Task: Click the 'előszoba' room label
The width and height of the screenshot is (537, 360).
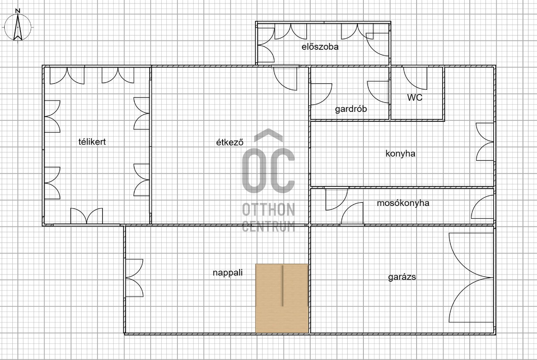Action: pos(320,46)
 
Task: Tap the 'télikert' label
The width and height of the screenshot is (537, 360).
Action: pos(92,142)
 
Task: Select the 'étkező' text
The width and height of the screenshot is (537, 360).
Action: pos(230,142)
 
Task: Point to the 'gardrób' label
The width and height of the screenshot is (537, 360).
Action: pos(351,109)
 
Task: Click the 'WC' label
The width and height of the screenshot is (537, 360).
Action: pos(415,97)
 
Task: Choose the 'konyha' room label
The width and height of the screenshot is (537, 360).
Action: pos(400,154)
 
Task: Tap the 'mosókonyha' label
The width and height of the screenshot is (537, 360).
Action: pos(403,203)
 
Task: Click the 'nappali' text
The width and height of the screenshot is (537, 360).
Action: pos(228,273)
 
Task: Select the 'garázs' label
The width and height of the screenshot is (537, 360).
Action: pos(402,277)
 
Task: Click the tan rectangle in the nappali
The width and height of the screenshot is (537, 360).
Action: pos(282,298)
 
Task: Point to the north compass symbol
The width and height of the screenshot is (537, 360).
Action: pos(18,27)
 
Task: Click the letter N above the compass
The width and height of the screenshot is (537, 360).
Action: pos(17,11)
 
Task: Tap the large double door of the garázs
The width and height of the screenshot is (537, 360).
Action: pos(471,278)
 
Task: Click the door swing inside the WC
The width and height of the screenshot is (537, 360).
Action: pos(415,78)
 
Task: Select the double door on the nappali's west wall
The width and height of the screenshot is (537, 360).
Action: pos(134,278)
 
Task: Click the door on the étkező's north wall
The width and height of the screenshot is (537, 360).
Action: pos(285,79)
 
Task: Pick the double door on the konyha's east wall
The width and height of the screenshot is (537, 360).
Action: pos(485,142)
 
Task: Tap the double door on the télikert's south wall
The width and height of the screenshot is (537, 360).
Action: pos(86,216)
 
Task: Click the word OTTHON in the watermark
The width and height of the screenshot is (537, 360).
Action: pos(268,209)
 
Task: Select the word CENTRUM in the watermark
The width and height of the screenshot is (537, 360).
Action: pos(268,226)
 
